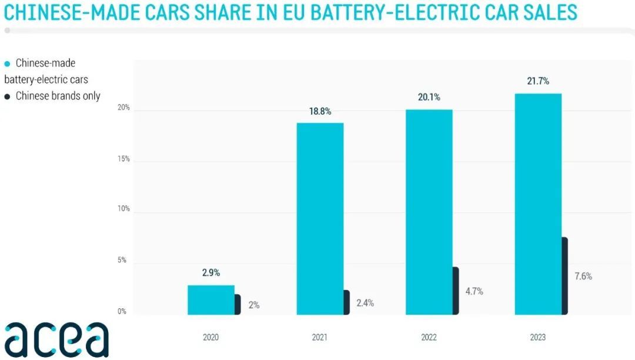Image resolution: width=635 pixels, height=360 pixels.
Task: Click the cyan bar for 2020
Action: pyautogui.click(x=210, y=300)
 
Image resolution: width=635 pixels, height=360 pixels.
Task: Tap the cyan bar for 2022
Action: pyautogui.click(x=429, y=212)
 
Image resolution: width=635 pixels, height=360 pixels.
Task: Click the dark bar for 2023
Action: pyautogui.click(x=564, y=276)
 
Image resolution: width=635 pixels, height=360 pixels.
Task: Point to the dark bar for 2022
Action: pyautogui.click(x=455, y=291)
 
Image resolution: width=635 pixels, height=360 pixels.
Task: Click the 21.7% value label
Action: pyautogui.click(x=537, y=81)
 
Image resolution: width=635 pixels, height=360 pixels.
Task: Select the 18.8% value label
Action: pyautogui.click(x=320, y=111)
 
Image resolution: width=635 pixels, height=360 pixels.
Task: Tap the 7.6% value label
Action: pyautogui.click(x=583, y=276)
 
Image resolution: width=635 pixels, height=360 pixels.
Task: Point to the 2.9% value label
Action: pyautogui.click(x=210, y=273)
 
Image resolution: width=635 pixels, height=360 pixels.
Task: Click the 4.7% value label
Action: pyautogui.click(x=473, y=291)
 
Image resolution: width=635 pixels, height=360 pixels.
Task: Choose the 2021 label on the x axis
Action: pyautogui.click(x=320, y=338)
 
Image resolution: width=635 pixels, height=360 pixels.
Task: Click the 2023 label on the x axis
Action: pyautogui.click(x=537, y=338)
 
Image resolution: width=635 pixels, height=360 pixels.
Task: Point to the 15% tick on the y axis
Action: pyautogui.click(x=123, y=159)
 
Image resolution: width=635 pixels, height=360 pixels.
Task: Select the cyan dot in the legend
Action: pyautogui.click(x=7, y=64)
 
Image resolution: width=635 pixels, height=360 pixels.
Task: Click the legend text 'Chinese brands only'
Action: pyautogui.click(x=58, y=96)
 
